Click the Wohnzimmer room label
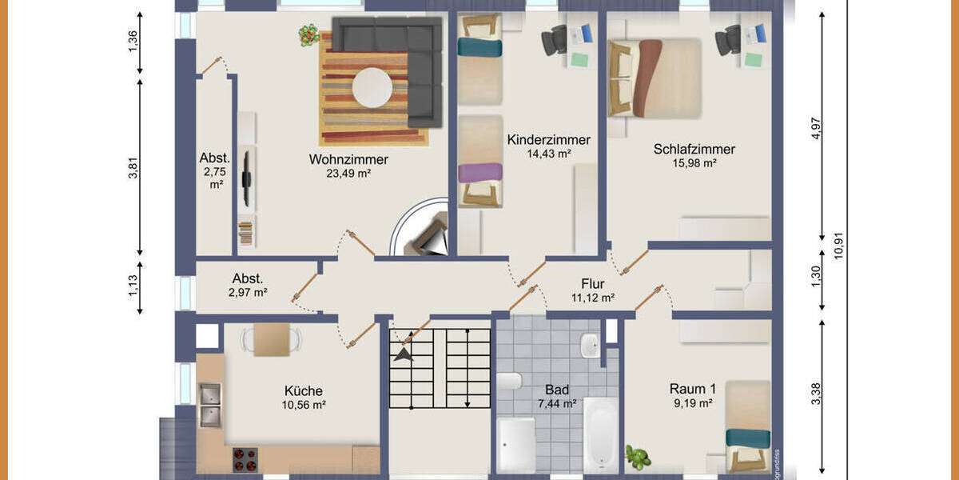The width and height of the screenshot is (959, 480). point(348,159)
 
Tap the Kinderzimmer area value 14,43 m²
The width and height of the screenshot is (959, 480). point(548,153)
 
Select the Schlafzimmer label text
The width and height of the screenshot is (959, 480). point(694,149)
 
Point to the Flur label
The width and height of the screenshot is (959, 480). point(592,284)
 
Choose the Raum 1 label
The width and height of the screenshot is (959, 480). point(692,389)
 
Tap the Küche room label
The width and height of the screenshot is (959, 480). point(304,390)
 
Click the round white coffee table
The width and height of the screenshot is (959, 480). point(372,87)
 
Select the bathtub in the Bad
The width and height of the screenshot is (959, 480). point(599,434)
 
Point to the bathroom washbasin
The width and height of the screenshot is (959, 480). point(589,346)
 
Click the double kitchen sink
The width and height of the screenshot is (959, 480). point(210,405)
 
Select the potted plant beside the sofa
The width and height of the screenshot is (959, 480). point(308,35)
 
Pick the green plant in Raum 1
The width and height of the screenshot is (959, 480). point(638,457)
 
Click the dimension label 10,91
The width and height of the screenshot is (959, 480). point(838,240)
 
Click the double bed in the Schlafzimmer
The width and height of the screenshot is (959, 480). point(655,78)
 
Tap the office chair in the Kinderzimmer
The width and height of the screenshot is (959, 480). point(554,40)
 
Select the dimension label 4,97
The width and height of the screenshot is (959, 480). point(815,128)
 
